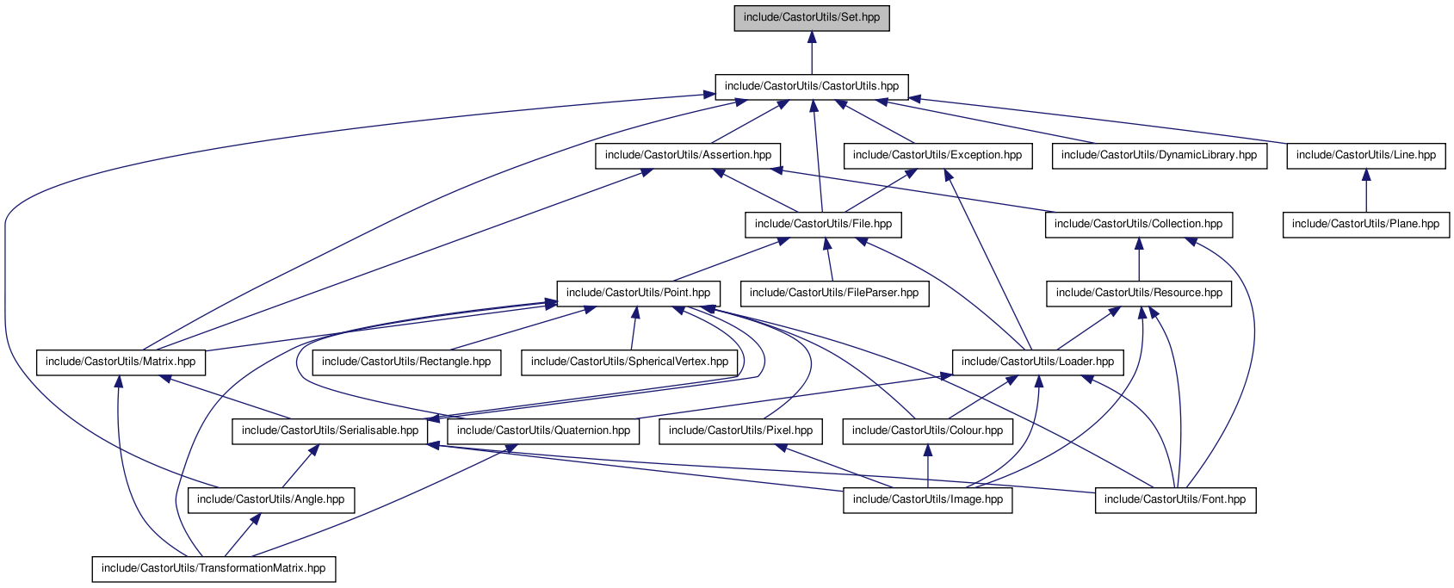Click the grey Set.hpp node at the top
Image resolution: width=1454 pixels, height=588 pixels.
812,17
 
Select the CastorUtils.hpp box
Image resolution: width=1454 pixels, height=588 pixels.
812,86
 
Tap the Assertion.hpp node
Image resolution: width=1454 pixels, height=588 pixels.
688,155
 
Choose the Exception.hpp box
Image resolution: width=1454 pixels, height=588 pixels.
937,155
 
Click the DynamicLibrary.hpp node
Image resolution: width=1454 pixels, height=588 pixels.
1159,155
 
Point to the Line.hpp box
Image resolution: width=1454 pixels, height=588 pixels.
1366,155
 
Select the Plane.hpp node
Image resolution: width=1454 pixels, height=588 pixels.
1366,224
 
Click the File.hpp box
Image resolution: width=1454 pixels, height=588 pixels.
823,224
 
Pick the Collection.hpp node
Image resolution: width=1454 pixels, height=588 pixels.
1138,224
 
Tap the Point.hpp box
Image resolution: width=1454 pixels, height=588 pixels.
638,293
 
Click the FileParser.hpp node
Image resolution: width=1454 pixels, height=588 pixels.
834,293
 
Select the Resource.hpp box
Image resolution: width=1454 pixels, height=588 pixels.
1139,293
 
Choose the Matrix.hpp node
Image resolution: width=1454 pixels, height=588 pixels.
121,362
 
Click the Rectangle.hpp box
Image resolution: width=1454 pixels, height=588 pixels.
406,362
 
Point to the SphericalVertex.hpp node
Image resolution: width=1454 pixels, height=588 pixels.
629,362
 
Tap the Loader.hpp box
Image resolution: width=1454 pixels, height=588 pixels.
1037,362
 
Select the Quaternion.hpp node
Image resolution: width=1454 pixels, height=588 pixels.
543,430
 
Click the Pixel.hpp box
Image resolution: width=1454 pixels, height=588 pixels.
740,430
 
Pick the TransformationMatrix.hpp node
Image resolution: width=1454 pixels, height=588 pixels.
213,568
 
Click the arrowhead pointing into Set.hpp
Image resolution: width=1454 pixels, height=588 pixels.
812,38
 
